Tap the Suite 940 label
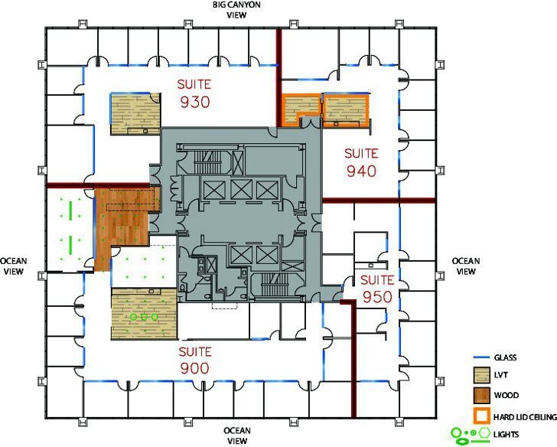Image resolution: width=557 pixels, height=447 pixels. pos(361,162)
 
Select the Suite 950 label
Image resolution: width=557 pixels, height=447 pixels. pos(376,288)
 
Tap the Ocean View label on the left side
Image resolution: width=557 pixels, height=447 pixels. pos(14,266)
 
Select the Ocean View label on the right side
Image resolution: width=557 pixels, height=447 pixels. pos(465,266)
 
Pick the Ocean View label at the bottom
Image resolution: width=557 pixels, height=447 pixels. pos(238,436)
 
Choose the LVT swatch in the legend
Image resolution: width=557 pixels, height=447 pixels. pos(480,377)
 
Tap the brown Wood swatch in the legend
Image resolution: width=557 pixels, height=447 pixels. pos(480,396)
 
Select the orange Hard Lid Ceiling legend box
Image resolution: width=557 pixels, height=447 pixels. pos(480,415)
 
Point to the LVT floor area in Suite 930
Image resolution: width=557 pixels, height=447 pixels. pos(135,113)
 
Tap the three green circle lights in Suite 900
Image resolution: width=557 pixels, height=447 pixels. pos(143,315)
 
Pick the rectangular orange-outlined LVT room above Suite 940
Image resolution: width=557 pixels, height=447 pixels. pos(345,109)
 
